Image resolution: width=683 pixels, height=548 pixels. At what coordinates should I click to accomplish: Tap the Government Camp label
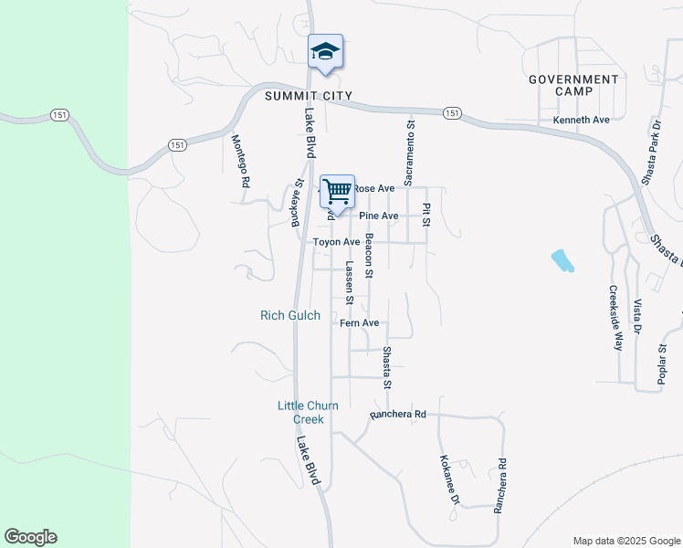tap(573, 85)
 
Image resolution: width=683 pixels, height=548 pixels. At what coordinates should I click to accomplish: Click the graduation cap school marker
tap(325, 51)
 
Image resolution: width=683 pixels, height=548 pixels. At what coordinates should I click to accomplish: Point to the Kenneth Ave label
tap(581, 120)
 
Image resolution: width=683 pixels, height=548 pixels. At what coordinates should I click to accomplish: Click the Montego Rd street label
tap(240, 161)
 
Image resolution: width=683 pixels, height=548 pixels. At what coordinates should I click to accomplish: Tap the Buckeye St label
tap(296, 204)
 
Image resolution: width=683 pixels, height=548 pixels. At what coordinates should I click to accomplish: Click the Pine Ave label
tap(379, 216)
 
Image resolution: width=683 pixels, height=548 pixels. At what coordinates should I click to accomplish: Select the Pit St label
tap(426, 215)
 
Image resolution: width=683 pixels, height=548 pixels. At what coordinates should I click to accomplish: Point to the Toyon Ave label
tap(337, 242)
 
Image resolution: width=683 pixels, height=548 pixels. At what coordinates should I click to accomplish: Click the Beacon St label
tap(369, 256)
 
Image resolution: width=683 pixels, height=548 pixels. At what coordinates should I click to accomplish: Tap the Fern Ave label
tap(359, 323)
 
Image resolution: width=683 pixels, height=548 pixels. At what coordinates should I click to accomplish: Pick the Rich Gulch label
tap(290, 315)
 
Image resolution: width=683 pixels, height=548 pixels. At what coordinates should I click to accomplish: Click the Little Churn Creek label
tap(301, 413)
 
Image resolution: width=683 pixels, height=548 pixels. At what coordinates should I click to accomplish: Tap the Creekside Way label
tap(615, 319)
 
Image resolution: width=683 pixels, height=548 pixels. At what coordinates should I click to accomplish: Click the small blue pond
tap(563, 261)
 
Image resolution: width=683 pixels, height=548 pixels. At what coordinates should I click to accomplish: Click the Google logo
tap(30, 537)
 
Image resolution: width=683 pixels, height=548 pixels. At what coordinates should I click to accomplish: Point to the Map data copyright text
tap(625, 541)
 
